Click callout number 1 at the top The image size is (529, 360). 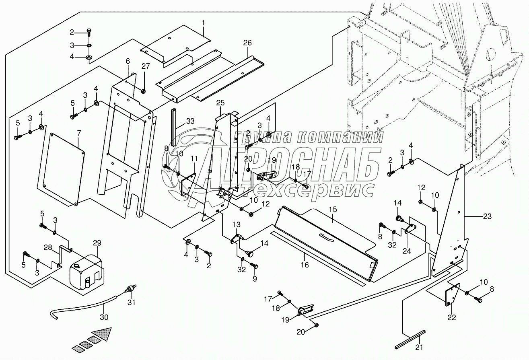[203, 23]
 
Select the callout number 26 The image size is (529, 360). [247, 43]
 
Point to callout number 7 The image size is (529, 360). [79, 132]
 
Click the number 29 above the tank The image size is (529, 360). [97, 243]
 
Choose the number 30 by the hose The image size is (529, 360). [104, 317]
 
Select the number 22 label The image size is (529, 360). [452, 317]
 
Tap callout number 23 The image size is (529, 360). [487, 216]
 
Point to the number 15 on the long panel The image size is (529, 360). [332, 210]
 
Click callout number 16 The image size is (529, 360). [305, 264]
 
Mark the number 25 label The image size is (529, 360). [220, 103]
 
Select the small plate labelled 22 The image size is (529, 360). [452, 296]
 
